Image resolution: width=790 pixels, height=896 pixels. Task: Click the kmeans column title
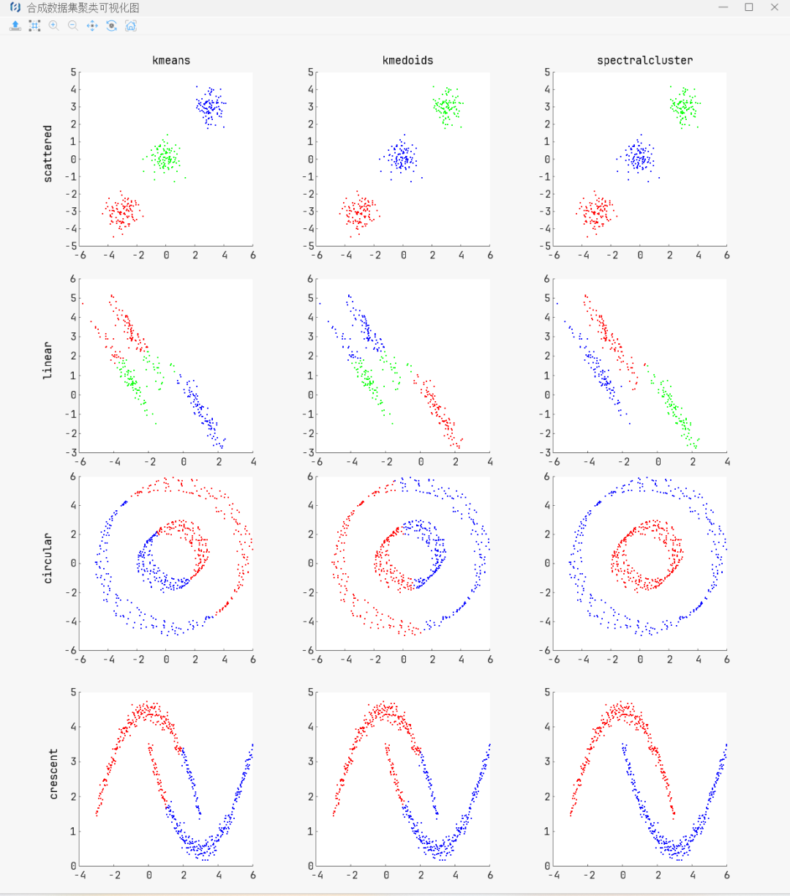pos(171,60)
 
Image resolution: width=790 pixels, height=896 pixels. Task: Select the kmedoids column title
pos(407,60)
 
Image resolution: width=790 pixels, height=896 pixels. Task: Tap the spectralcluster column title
pos(644,60)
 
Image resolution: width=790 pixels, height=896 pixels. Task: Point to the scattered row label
pos(48,154)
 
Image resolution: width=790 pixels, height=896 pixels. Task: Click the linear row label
pos(48,359)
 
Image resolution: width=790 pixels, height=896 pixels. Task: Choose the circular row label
pos(48,558)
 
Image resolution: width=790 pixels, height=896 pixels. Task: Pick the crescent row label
pos(53,773)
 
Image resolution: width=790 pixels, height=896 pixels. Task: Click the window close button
pos(775,7)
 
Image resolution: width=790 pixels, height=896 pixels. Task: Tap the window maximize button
pos(748,7)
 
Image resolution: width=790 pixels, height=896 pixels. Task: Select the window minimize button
pos(723,7)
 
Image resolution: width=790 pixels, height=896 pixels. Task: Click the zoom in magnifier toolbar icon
pos(53,26)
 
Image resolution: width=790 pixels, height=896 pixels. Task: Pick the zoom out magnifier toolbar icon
pos(72,26)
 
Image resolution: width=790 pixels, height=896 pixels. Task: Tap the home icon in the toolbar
pos(131,26)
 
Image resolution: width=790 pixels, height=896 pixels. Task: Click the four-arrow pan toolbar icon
pos(92,26)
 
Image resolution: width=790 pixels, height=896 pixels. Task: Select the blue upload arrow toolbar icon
pos(15,26)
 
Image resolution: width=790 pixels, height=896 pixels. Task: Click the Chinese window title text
pos(83,8)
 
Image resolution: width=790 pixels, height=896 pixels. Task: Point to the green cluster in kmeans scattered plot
pos(165,157)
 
